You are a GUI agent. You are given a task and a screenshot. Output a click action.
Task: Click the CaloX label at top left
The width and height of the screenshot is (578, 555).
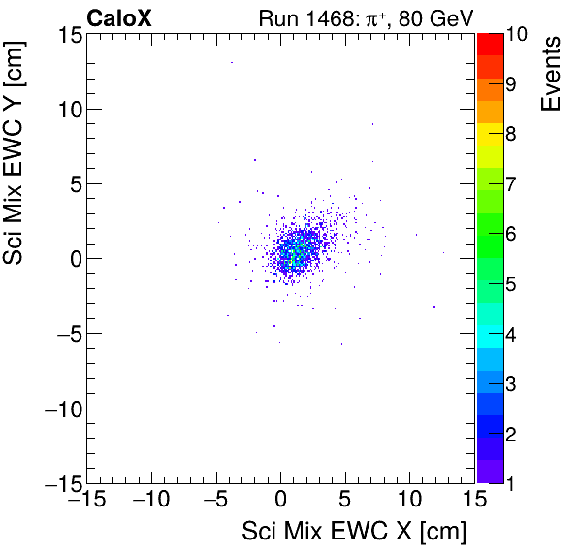click(117, 16)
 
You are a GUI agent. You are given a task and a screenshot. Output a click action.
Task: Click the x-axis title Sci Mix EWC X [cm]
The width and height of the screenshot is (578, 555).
click(354, 532)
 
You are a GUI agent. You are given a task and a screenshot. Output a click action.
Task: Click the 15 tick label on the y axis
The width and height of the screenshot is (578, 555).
click(67, 34)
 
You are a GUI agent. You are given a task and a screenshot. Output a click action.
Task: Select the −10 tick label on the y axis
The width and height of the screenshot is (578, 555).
click(61, 408)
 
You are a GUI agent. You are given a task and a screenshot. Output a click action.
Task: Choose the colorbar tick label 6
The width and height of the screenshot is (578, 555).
click(512, 234)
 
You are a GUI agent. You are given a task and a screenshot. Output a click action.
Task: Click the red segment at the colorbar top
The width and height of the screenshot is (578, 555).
click(490, 44)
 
